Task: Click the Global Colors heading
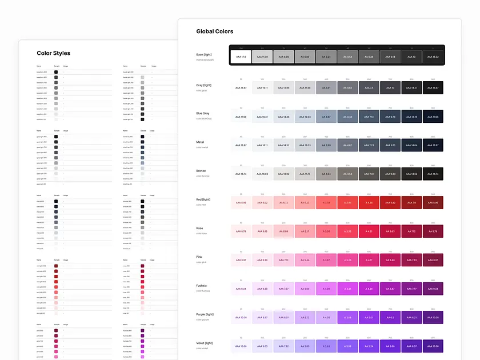coord(214,31)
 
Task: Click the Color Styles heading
coord(54,53)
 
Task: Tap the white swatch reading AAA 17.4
coord(241,57)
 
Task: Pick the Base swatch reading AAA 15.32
coord(433,57)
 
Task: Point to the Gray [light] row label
coord(203,85)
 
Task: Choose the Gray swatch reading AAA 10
coord(390,87)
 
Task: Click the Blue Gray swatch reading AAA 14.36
coord(283,117)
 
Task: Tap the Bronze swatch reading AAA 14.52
coord(411,174)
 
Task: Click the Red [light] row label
coord(203,199)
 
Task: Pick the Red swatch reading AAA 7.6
coord(411,202)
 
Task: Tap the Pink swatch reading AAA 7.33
coord(411,260)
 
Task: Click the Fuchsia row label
coord(202,285)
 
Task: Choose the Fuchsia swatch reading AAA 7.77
coord(411,289)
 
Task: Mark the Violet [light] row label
coord(204,343)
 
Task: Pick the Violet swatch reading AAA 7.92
coord(283,346)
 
